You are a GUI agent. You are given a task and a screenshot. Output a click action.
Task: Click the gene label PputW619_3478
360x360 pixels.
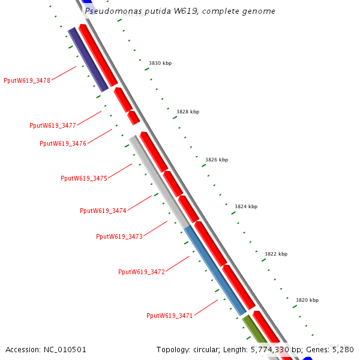(x=27, y=80)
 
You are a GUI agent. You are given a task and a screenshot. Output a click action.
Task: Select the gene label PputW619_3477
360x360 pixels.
(x=53, y=125)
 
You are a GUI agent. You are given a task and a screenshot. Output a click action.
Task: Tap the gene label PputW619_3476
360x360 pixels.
(x=63, y=143)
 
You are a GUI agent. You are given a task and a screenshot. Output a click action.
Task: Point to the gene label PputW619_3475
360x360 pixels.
(x=84, y=178)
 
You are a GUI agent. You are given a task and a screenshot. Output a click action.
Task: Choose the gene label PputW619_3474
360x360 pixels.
(x=103, y=211)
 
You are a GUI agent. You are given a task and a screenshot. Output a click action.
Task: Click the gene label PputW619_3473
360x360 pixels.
(x=119, y=236)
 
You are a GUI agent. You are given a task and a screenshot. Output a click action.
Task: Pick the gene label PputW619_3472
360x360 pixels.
(x=142, y=272)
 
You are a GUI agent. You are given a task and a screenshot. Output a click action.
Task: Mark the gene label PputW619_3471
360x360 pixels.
(x=170, y=316)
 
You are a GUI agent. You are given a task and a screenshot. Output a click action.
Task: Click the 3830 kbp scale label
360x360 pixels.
(x=160, y=63)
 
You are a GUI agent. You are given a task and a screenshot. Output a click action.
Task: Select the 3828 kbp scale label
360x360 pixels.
(x=188, y=112)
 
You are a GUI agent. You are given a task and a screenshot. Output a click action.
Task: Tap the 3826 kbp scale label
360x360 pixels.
(x=217, y=160)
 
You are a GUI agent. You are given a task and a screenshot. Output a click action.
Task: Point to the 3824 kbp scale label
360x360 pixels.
(x=246, y=206)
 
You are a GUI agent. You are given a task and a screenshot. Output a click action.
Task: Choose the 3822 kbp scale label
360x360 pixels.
(x=276, y=254)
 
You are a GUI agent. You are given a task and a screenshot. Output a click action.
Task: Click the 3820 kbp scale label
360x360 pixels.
(x=307, y=300)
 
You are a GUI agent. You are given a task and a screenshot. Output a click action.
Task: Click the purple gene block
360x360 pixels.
(x=88, y=59)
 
